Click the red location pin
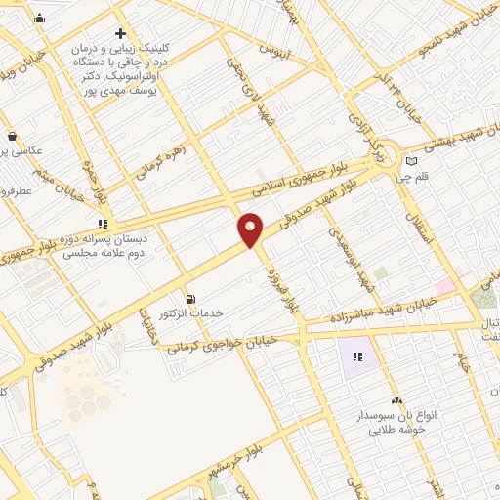tap(251, 229)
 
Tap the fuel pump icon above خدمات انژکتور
tap(189, 297)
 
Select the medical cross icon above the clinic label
tap(120, 33)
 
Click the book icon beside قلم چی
tap(411, 161)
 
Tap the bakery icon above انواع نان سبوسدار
tap(396, 401)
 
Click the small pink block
tap(444, 286)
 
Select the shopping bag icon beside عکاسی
tap(12, 137)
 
